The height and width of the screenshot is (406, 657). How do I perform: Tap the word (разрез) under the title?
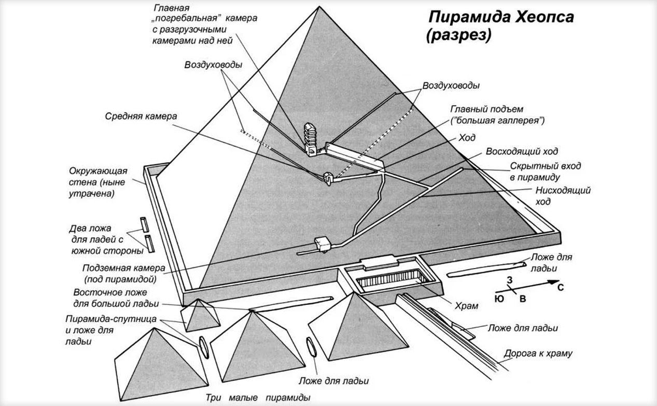459,36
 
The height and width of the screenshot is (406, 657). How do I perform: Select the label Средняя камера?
141,117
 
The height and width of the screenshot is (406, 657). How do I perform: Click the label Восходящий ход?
522,151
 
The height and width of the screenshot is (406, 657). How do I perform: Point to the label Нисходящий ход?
563,196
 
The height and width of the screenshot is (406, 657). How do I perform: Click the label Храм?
466,306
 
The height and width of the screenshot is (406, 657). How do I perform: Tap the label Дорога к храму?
538,354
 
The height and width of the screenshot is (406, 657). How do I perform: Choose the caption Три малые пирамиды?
258,398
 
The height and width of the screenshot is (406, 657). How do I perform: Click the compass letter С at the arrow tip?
561,287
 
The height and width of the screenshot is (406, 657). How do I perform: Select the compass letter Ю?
499,299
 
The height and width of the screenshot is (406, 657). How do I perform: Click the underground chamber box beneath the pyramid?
322,244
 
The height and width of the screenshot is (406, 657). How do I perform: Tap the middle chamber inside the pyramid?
328,178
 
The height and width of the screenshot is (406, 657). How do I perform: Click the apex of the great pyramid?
319,7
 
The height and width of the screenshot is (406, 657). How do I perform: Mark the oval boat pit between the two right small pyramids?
311,347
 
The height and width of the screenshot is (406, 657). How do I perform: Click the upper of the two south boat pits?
145,224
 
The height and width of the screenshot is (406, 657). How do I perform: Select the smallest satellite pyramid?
200,315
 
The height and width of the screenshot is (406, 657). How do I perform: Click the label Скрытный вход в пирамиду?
545,171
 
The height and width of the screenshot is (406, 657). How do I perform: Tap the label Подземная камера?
124,268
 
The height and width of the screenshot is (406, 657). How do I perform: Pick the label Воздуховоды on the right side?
451,85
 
